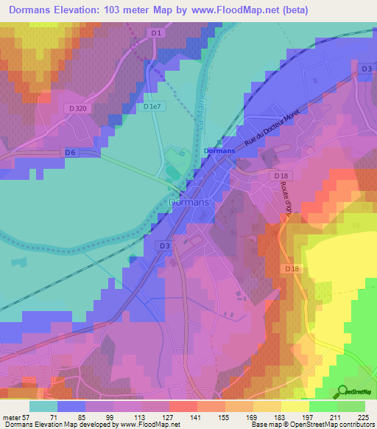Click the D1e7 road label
(152, 107)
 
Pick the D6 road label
(70, 153)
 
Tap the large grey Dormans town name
(189, 201)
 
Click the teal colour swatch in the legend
(43, 406)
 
